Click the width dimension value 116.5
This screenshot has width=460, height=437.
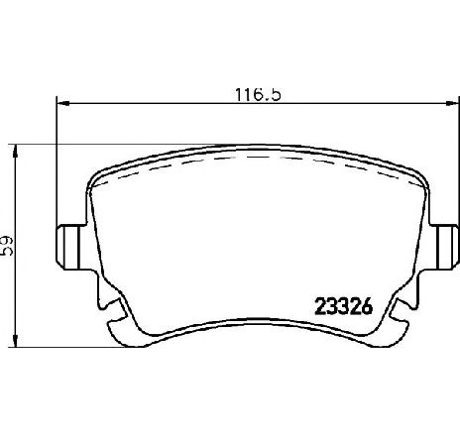click(258, 95)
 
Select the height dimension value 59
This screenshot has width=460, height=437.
click(7, 246)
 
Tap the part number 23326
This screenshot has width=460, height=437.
click(344, 306)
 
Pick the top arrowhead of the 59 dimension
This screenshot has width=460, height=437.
click(15, 152)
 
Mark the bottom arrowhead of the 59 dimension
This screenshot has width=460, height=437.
click(15, 340)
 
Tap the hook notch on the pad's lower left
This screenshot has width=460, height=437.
click(112, 304)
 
